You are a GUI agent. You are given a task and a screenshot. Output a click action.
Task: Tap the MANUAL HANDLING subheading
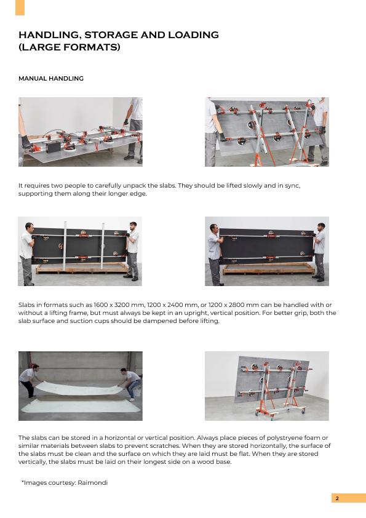51,79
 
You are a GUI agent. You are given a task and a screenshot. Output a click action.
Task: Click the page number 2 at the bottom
337,498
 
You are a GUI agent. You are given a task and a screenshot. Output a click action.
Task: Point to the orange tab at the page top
20,7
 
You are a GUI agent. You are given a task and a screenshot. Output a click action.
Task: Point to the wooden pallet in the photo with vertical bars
82,268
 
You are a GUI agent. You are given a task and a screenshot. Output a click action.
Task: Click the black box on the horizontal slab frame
53,147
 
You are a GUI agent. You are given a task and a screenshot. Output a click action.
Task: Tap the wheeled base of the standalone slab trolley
280,413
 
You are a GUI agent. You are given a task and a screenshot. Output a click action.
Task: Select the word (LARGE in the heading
39,47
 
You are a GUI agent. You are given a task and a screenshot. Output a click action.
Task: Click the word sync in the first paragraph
292,186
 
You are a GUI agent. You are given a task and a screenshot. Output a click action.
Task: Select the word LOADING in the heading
194,34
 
